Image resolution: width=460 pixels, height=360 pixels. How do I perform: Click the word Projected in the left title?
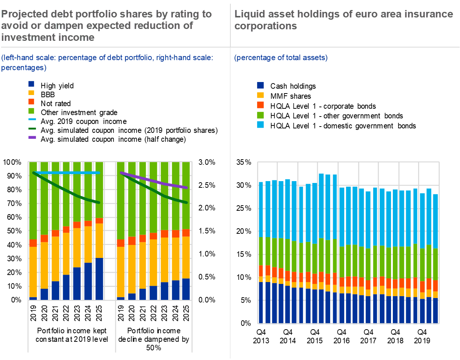[23, 14]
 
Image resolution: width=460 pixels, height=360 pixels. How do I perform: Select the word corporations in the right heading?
[266, 26]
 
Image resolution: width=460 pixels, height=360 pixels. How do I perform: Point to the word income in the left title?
[79, 37]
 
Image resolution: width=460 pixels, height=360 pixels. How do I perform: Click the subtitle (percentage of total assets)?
[281, 58]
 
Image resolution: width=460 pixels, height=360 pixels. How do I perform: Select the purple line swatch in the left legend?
[32, 137]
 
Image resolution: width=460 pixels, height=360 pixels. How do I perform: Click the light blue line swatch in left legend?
[32, 119]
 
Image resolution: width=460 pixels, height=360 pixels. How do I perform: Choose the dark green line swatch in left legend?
[32, 128]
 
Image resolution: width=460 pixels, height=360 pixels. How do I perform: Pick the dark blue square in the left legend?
[31, 84]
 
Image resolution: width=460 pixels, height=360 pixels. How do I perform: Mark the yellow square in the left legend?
[31, 93]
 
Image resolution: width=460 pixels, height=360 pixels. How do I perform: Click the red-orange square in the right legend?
[260, 105]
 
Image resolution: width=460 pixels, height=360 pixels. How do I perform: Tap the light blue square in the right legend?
[260, 125]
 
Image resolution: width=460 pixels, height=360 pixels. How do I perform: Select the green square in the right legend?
[260, 115]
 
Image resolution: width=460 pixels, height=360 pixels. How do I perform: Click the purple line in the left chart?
[156, 181]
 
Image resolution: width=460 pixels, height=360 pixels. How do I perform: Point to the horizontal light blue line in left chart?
[67, 173]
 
